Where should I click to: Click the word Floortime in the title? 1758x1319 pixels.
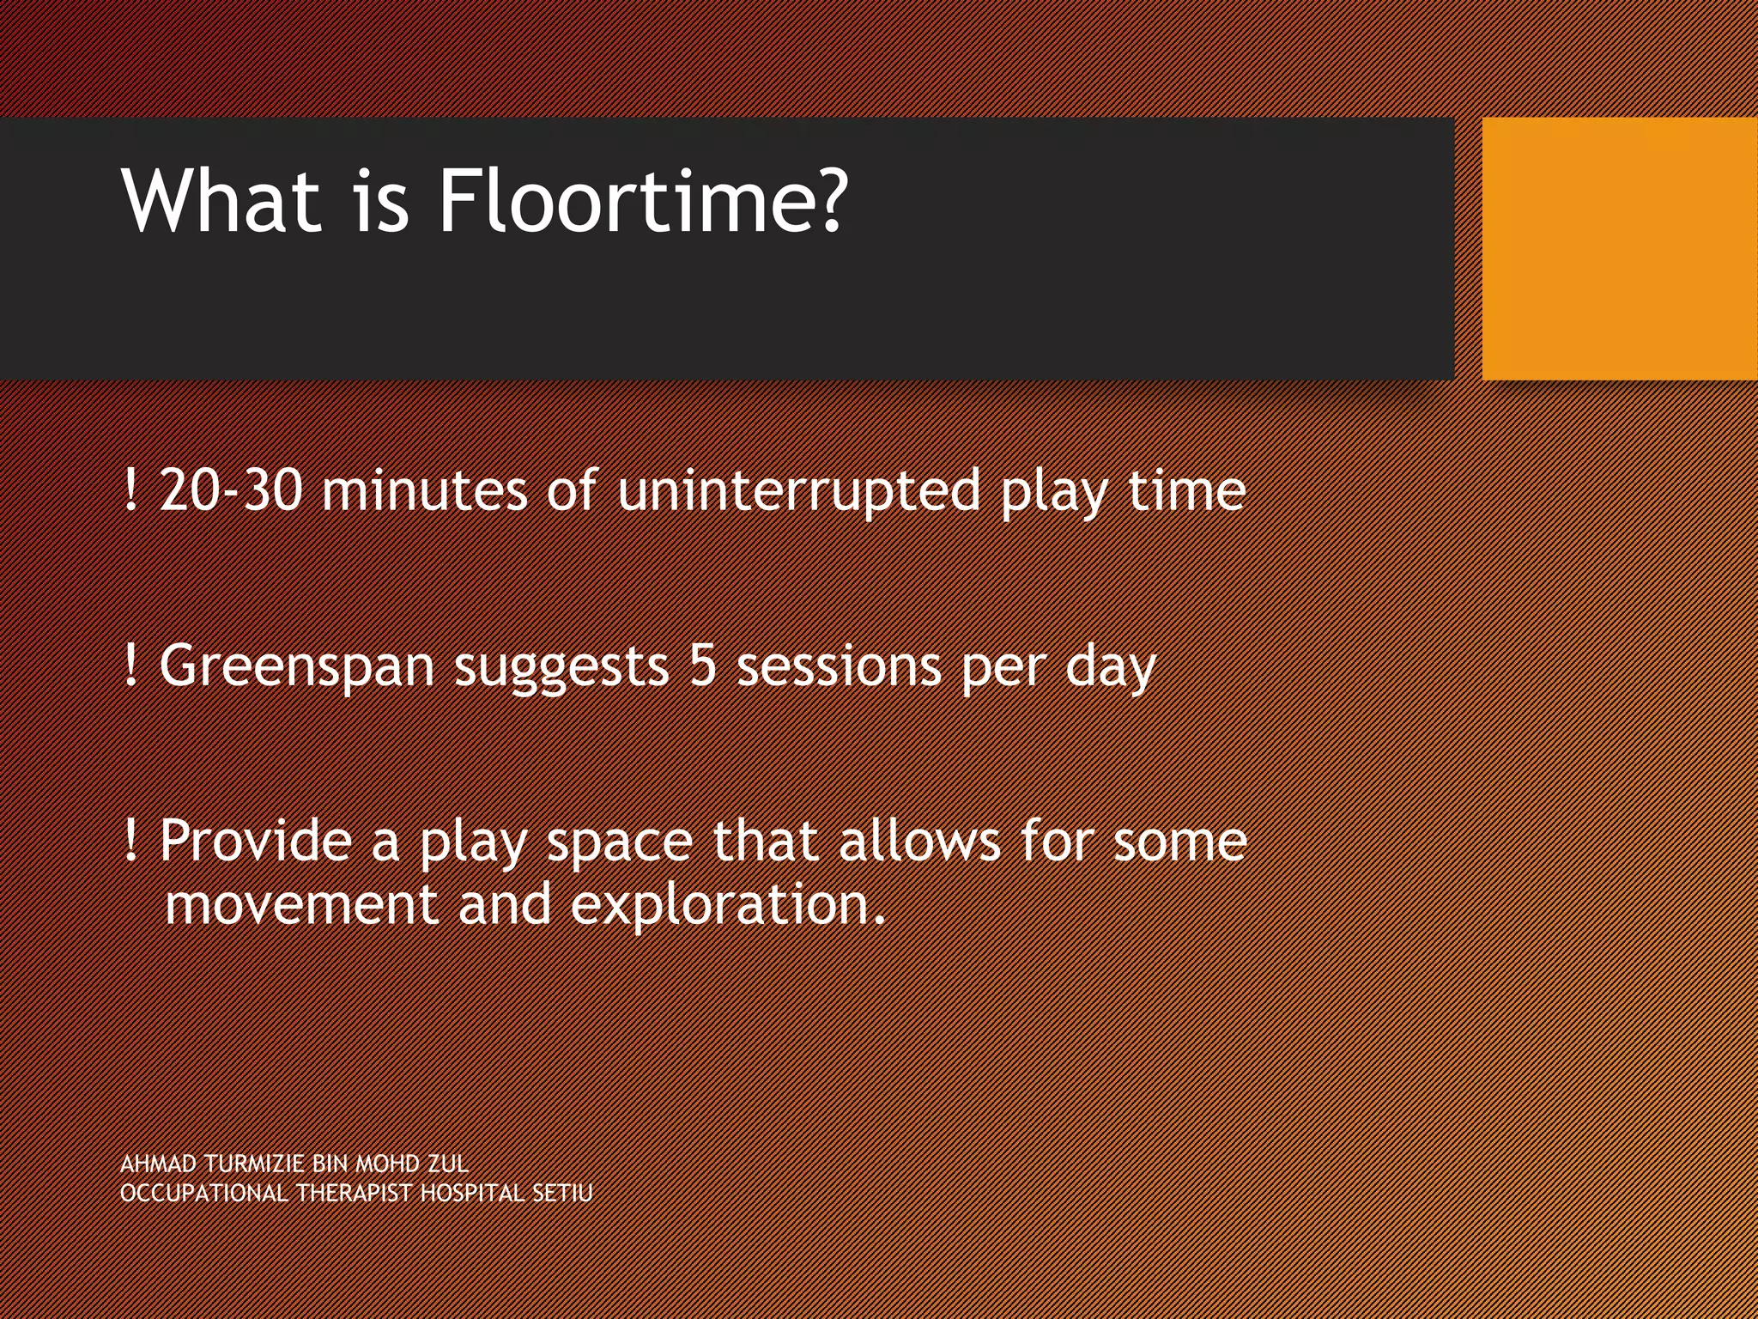click(642, 202)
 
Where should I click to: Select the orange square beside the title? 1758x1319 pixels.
click(1619, 248)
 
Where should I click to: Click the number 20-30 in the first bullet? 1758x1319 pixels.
click(231, 491)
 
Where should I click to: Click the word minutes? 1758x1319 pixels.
click(424, 491)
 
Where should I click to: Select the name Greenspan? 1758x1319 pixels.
click(296, 667)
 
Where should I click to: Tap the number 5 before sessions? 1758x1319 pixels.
click(702, 666)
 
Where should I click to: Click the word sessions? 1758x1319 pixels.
click(839, 667)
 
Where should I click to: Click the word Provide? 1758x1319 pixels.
click(256, 841)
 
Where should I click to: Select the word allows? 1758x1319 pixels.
click(918, 841)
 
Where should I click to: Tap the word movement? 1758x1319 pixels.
click(301, 906)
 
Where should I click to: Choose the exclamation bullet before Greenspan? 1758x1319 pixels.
click(130, 666)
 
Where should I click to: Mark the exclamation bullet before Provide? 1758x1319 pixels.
click(130, 840)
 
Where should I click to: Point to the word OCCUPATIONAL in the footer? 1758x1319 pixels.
click(203, 1194)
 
